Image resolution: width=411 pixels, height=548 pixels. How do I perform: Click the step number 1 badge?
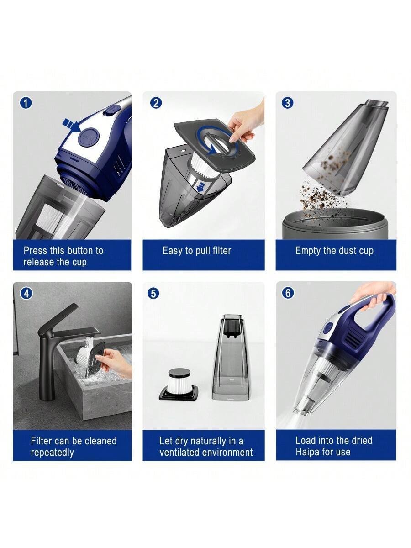pos(26,103)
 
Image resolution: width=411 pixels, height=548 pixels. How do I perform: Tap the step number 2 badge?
pos(156,103)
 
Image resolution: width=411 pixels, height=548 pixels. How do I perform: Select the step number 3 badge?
pos(288,103)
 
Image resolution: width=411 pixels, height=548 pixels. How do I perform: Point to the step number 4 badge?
pos(26,293)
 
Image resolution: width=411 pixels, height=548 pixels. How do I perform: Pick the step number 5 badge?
pos(153,293)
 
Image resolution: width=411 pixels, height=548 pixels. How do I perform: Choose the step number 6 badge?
pos(288,293)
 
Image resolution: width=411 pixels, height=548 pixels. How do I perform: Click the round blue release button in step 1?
pos(89,137)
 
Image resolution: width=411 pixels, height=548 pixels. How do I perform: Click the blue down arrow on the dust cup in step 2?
pos(201,188)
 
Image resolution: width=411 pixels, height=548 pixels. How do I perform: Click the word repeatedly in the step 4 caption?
pos(53,453)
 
